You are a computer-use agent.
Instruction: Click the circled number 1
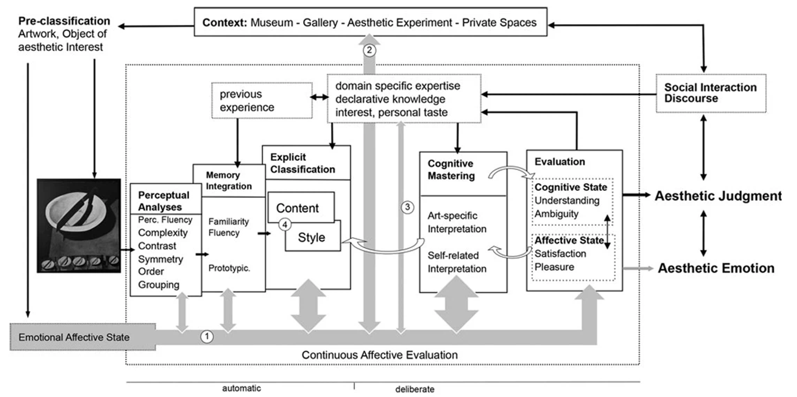coord(206,336)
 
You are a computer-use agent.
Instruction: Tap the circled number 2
coord(370,50)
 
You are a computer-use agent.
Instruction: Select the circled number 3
coord(407,207)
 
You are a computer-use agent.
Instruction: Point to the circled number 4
coord(284,224)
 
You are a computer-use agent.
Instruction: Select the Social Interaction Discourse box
coord(711,93)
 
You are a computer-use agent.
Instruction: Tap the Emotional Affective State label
coord(75,337)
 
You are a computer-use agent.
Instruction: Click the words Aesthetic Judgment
coord(718,196)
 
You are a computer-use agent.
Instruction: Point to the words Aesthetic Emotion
coord(716,268)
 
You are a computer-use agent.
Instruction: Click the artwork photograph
coord(79,225)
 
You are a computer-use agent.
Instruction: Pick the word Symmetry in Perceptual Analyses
coord(161,259)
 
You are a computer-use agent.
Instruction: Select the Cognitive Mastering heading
coord(451,170)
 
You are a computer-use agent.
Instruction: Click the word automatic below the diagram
coord(241,388)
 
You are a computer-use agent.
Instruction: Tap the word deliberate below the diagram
coord(415,389)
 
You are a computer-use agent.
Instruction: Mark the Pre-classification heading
coord(64,22)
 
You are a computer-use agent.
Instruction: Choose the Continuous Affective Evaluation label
coord(380,354)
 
